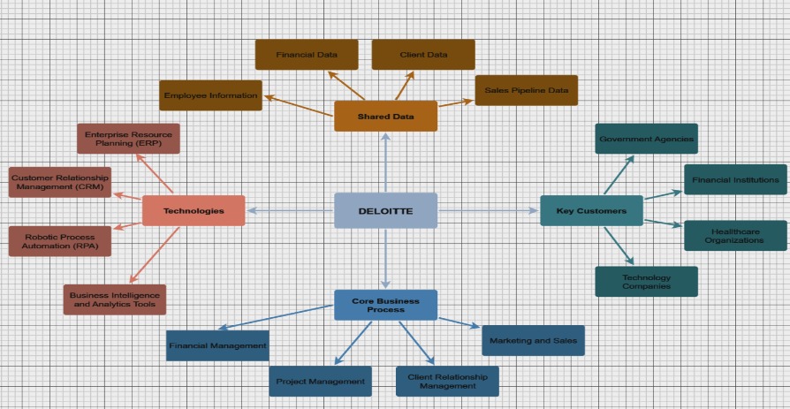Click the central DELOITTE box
click(x=385, y=210)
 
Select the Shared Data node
click(x=385, y=116)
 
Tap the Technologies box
click(x=193, y=210)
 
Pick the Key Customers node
click(x=591, y=210)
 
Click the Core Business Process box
click(x=385, y=305)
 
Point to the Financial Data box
click(x=307, y=55)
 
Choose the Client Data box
click(x=423, y=55)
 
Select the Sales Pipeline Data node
click(x=526, y=90)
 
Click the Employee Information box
click(x=210, y=95)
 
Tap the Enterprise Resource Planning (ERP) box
click(x=128, y=139)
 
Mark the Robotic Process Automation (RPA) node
click(x=60, y=241)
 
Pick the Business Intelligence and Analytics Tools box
click(x=114, y=299)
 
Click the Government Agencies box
click(x=646, y=139)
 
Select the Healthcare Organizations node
click(x=735, y=236)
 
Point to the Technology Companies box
click(x=646, y=282)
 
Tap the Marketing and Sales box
click(x=533, y=340)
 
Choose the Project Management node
click(x=320, y=381)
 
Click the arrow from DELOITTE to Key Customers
click(x=489, y=210)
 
